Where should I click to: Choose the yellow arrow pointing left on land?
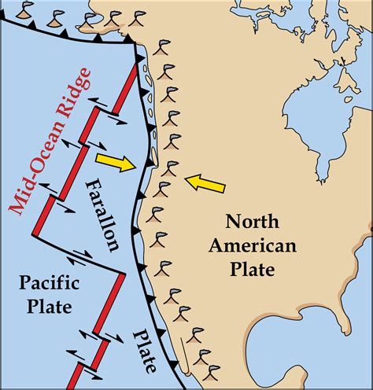[x=205, y=184]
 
